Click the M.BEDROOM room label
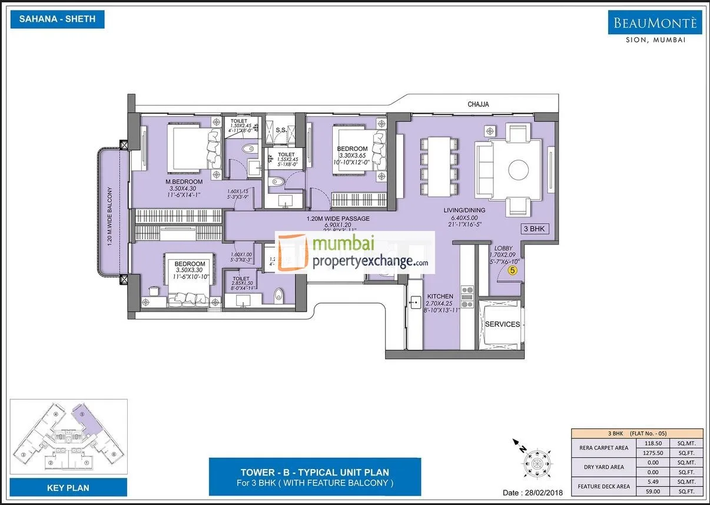(x=184, y=181)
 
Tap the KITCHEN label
(x=440, y=296)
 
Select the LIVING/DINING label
(x=463, y=210)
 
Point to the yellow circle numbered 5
(x=512, y=270)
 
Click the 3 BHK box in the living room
(x=535, y=229)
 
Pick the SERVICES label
(x=502, y=324)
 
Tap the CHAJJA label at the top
(x=478, y=104)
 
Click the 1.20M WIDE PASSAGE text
(x=338, y=219)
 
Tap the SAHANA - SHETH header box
(x=57, y=19)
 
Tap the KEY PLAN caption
(x=68, y=487)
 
